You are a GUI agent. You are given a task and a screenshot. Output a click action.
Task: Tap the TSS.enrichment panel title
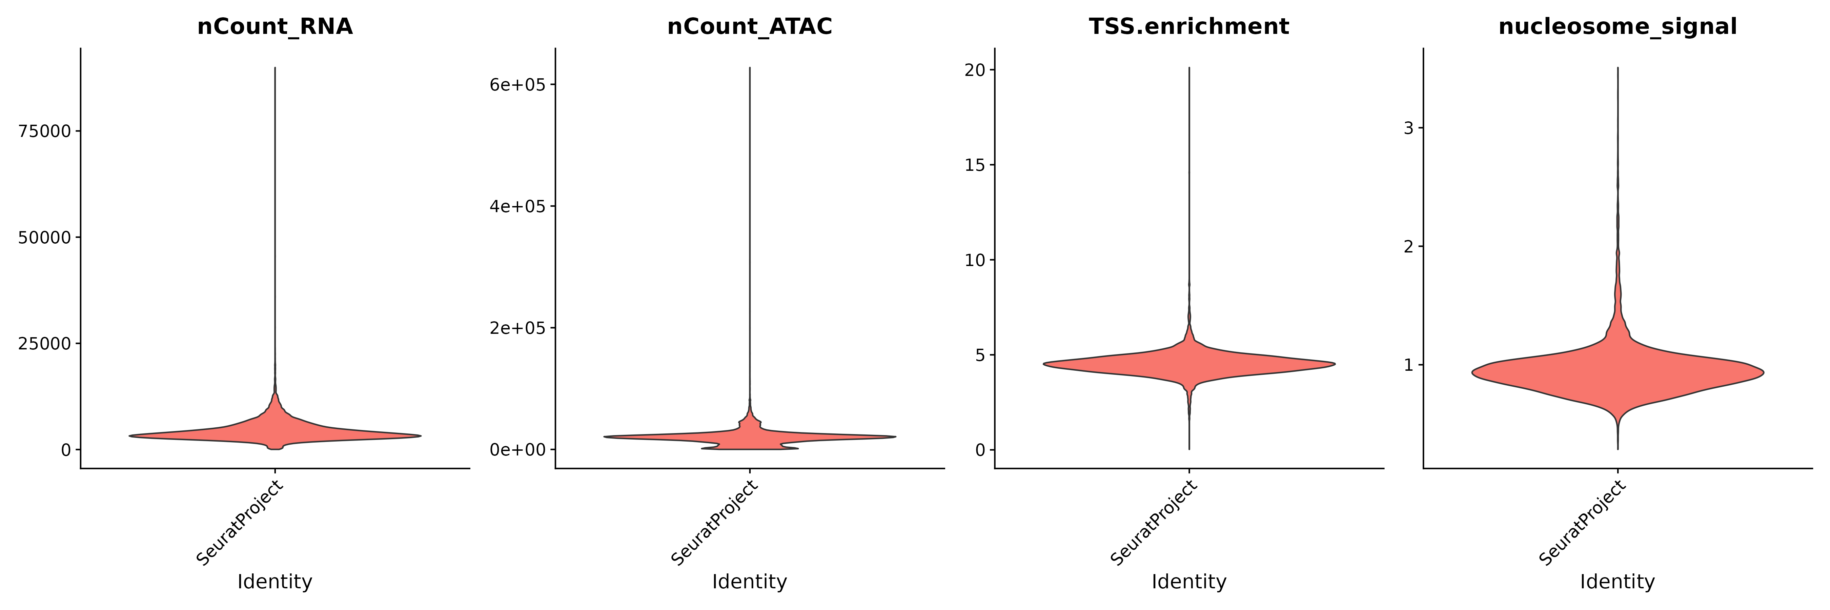1188,26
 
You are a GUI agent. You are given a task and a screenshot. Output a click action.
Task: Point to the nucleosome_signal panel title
1618,26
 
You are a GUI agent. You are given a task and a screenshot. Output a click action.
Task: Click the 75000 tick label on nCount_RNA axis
45,131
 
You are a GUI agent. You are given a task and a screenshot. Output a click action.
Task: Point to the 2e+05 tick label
517,328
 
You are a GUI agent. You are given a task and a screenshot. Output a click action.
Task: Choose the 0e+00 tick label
517,449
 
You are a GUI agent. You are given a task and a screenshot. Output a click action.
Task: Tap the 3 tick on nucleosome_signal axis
1409,128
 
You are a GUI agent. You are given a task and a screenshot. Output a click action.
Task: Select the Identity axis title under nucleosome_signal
1618,582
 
